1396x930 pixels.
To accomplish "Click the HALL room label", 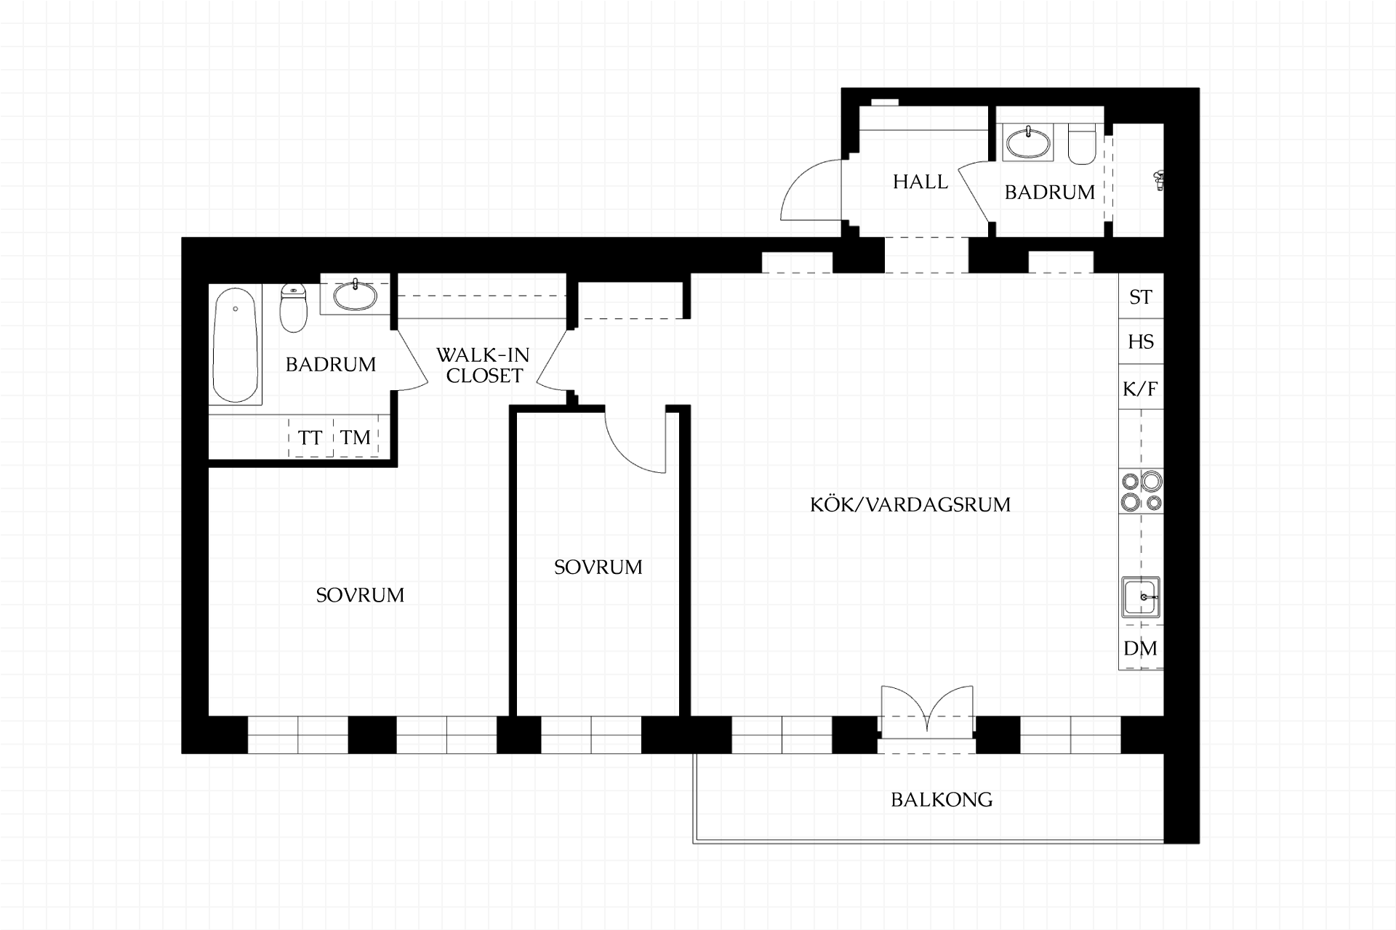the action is click(920, 182).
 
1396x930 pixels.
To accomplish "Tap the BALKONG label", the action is click(942, 800).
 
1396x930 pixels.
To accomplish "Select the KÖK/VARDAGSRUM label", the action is click(910, 504).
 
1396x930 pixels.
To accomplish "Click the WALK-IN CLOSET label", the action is click(484, 365).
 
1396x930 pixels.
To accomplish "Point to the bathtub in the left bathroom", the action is click(236, 345).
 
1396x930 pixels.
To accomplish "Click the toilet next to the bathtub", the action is click(294, 307).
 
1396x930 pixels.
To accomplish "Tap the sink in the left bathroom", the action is click(356, 295).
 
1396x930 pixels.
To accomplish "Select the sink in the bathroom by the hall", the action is click(1028, 142).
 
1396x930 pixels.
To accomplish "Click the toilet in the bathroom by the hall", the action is click(1082, 145).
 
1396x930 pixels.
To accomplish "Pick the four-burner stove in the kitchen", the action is click(1142, 491).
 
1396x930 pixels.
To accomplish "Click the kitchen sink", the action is click(1141, 598).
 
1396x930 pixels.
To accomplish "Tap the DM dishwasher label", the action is click(1140, 648).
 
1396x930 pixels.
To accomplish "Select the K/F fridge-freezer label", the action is click(1140, 389).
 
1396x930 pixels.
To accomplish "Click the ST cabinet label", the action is click(1141, 297).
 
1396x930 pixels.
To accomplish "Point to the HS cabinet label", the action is click(1141, 342).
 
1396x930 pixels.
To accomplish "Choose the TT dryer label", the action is click(310, 438).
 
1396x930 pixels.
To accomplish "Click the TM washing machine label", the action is click(356, 437).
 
